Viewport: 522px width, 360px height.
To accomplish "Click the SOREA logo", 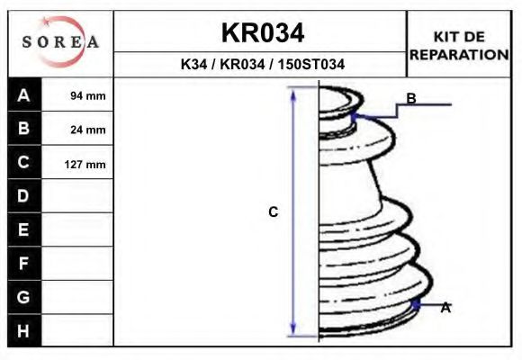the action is click(60, 41).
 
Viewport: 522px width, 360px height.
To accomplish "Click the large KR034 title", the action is click(263, 33).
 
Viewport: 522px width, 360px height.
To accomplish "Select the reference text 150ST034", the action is click(310, 64).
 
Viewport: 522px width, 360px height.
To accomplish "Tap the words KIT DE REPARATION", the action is click(459, 46).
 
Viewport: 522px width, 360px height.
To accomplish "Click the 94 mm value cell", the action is click(77, 94).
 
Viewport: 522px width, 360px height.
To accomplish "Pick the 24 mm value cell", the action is click(77, 129).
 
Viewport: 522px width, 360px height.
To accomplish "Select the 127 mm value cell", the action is click(77, 163).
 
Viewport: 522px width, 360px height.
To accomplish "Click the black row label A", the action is click(24, 94).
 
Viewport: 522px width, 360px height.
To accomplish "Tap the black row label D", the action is click(24, 196).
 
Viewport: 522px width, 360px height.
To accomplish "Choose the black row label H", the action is click(24, 330).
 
